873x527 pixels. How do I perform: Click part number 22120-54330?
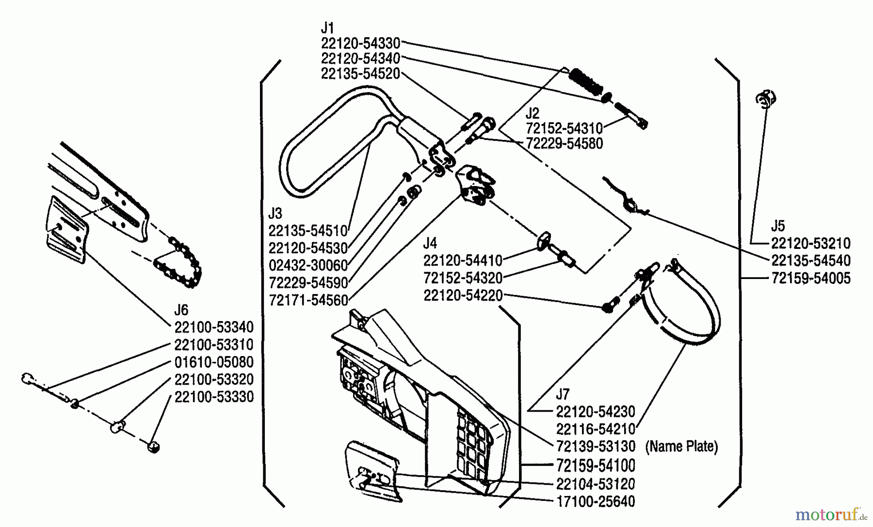point(360,43)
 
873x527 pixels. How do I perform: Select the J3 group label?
point(275,213)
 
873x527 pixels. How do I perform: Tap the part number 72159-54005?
point(811,278)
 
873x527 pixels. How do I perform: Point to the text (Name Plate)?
point(681,446)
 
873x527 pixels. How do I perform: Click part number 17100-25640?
point(595,501)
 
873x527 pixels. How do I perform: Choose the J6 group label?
point(181,310)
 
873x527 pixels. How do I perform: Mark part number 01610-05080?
point(214,362)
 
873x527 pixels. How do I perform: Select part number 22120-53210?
point(811,243)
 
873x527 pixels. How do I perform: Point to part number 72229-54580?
point(565,144)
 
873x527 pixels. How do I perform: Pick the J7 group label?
point(563,394)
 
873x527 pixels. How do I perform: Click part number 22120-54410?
point(463,261)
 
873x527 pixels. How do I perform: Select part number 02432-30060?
point(308,265)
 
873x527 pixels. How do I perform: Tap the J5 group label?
point(778,226)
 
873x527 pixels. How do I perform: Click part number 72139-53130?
point(595,446)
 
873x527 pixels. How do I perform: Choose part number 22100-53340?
point(214,327)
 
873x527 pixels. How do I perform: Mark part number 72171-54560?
point(308,300)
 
